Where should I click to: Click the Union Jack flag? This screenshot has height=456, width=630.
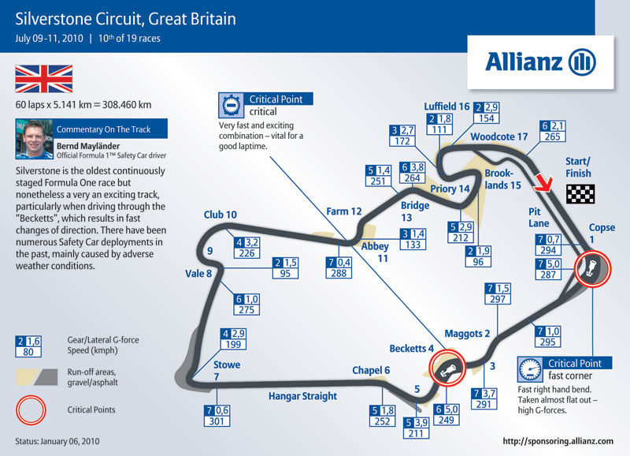click(x=44, y=79)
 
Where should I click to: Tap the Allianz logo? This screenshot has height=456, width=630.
click(x=540, y=62)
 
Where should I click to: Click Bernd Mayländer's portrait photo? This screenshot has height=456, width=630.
click(x=34, y=139)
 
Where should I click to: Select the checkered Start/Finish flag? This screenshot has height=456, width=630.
click(x=580, y=194)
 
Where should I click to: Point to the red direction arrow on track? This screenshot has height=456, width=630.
click(x=543, y=183)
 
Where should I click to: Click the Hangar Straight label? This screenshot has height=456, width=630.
click(x=302, y=396)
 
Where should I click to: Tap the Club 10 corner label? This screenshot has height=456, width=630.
click(x=220, y=215)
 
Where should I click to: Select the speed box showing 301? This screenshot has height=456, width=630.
click(x=217, y=416)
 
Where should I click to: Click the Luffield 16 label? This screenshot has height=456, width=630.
click(x=447, y=107)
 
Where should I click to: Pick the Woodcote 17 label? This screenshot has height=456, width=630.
click(x=499, y=136)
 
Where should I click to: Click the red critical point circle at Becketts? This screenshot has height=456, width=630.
click(x=447, y=368)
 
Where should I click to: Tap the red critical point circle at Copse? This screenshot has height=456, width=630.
click(x=593, y=269)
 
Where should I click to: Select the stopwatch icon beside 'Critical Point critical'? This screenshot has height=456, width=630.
click(x=231, y=106)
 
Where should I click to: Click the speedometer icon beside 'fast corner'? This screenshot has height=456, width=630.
click(x=530, y=369)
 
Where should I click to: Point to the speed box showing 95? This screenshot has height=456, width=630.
click(x=285, y=268)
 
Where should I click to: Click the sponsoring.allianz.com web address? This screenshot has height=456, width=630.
click(x=558, y=441)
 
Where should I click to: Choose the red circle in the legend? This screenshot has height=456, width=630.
click(x=31, y=410)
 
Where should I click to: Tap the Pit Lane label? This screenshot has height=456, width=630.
click(x=539, y=217)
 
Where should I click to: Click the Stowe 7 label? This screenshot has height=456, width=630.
click(x=227, y=371)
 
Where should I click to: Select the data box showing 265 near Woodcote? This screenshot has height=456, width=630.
click(x=553, y=131)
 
